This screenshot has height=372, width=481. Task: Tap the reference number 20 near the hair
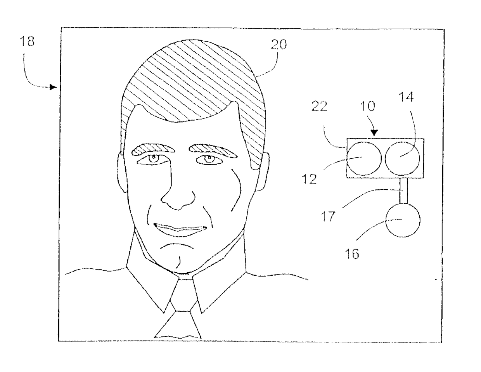tap(279, 45)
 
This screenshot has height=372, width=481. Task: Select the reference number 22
tap(319, 107)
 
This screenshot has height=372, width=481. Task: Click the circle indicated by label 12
tap(363, 158)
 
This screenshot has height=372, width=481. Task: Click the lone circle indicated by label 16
tap(404, 220)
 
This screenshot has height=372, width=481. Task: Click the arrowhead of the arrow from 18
tap(53, 87)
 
